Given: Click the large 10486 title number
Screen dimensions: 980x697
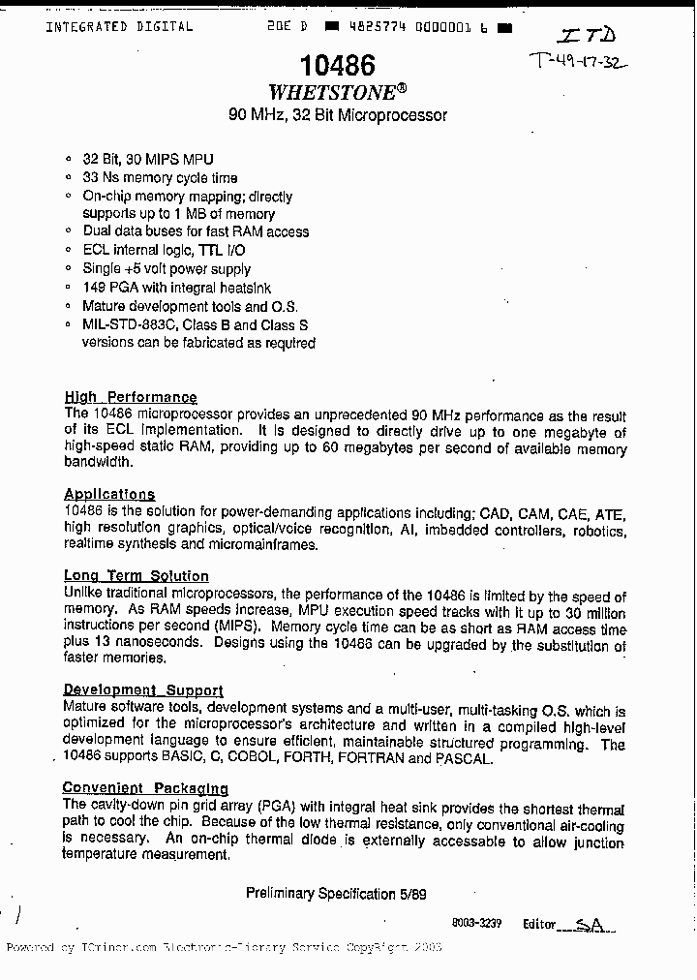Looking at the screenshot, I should tap(337, 66).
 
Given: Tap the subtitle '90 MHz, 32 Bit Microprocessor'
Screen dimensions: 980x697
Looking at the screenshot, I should tap(337, 115).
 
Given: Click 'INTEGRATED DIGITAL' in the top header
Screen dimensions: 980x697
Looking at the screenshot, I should tap(119, 27).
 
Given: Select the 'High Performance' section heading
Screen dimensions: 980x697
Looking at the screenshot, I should tap(131, 397).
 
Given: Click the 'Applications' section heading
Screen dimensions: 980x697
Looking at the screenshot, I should tap(109, 494).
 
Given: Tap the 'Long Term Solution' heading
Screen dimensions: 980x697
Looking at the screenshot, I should tap(136, 576).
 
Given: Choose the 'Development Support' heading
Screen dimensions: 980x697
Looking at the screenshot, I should tap(143, 690).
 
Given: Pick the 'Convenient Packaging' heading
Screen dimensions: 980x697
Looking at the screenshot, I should tap(145, 788).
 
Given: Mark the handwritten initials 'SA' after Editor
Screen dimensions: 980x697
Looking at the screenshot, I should tap(589, 926).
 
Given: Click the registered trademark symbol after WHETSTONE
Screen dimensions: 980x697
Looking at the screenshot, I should tap(401, 87).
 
